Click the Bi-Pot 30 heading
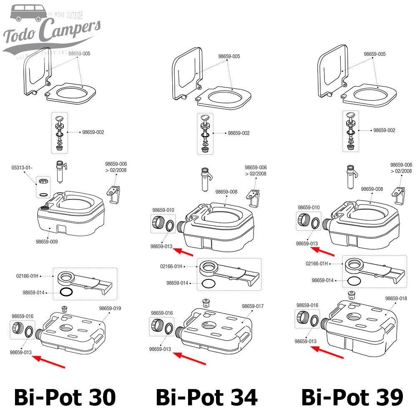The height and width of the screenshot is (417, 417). tap(65, 397)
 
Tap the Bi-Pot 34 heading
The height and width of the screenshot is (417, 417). tap(207, 397)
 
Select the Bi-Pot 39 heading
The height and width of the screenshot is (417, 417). tap(352, 397)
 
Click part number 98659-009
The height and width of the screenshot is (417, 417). tap(47, 241)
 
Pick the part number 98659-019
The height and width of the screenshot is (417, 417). tap(110, 308)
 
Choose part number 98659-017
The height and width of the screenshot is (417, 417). tap(253, 306)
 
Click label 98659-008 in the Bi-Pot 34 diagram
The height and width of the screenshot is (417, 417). tap(227, 192)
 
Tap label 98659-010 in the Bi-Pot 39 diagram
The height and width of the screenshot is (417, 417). tap(309, 207)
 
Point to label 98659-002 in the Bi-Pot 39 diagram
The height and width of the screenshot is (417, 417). tap(384, 131)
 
